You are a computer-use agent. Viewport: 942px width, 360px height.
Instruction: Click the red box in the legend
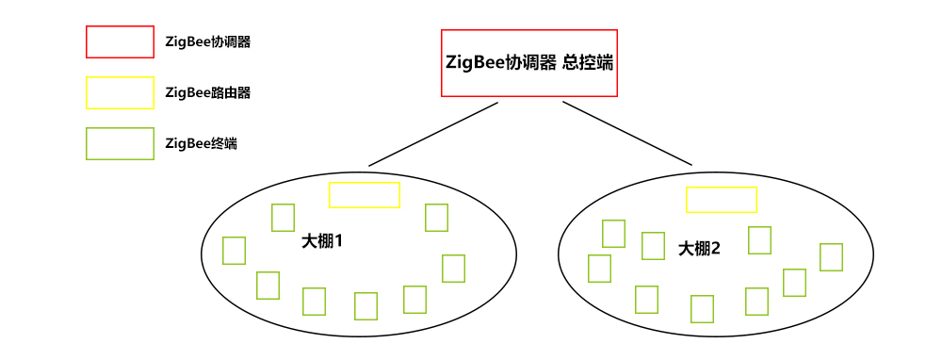[120, 41]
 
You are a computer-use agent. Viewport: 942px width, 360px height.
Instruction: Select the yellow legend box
[120, 92]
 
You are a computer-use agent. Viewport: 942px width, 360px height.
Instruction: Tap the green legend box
[120, 143]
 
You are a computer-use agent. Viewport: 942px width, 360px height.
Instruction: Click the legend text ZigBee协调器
[207, 42]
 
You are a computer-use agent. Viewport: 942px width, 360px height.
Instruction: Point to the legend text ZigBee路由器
[207, 93]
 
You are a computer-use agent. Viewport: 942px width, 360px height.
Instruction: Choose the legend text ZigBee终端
[201, 144]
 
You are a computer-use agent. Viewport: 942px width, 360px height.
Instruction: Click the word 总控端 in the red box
[589, 62]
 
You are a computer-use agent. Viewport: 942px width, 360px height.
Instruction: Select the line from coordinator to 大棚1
[432, 134]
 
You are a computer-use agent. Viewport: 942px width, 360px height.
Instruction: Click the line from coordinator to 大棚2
[627, 134]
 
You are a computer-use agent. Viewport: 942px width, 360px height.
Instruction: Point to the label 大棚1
[321, 241]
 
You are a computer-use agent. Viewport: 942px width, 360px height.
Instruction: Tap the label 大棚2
[699, 249]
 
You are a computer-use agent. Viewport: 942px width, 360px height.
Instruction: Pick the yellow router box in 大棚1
[365, 195]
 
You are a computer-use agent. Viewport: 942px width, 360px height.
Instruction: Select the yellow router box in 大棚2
[721, 200]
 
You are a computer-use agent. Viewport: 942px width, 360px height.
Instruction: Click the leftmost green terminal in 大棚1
[234, 251]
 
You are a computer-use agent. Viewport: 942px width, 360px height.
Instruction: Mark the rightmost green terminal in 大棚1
[453, 269]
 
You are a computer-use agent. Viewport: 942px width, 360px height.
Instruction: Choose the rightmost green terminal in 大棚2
[831, 256]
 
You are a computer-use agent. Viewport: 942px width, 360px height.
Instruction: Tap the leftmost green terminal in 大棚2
[599, 268]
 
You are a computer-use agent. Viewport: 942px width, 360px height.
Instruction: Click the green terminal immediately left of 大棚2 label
[653, 246]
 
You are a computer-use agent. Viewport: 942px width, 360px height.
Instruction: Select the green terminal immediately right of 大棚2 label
[759, 240]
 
